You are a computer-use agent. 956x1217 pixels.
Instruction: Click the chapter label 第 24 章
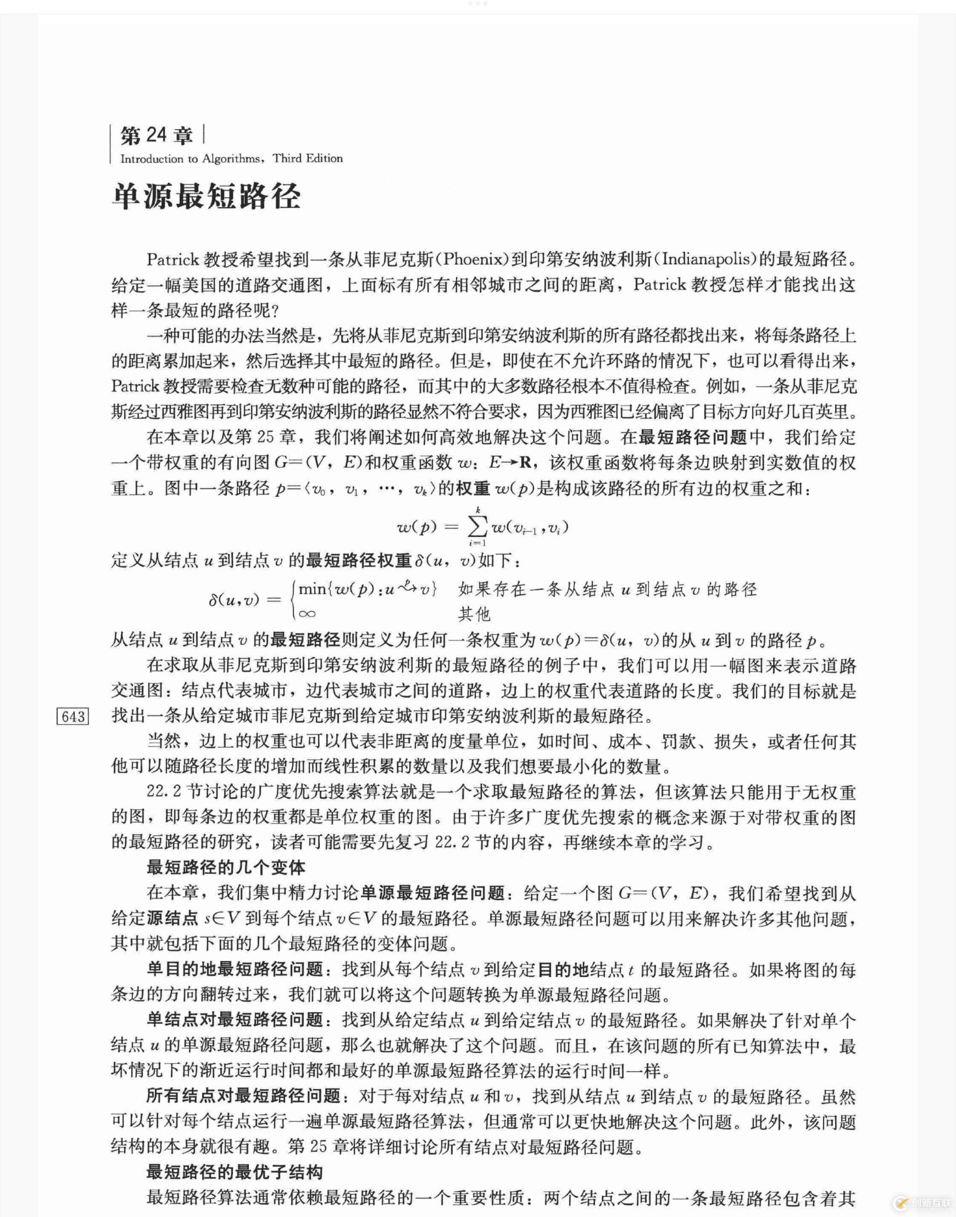click(x=157, y=136)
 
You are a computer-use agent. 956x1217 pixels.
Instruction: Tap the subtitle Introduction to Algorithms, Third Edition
click(x=231, y=158)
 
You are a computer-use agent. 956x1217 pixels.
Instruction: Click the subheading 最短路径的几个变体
click(x=225, y=868)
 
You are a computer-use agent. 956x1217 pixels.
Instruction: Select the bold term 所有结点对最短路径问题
click(x=244, y=1096)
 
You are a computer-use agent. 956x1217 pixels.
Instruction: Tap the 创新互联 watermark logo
click(x=921, y=1201)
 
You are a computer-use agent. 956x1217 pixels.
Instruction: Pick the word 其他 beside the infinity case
click(x=474, y=614)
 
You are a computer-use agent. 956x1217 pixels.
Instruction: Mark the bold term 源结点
click(x=173, y=919)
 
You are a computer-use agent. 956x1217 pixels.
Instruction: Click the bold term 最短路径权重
click(x=359, y=560)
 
